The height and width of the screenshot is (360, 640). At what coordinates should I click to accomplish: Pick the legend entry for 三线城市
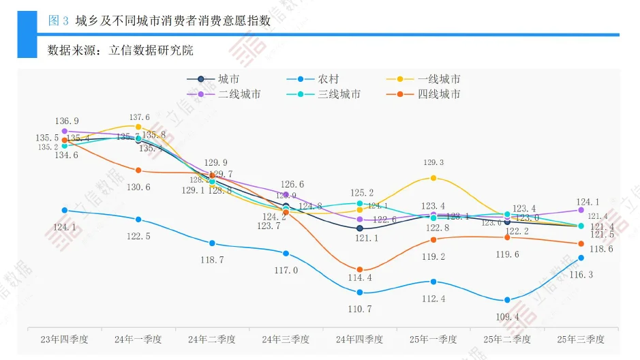pyautogui.click(x=339, y=94)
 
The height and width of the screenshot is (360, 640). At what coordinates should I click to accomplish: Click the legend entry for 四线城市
pyautogui.click(x=438, y=94)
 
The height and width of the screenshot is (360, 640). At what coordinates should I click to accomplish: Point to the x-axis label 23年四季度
pyautogui.click(x=65, y=339)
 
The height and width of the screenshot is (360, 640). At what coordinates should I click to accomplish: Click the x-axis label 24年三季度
pyautogui.click(x=286, y=339)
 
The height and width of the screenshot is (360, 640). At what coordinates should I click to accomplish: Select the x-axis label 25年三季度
pyautogui.click(x=581, y=339)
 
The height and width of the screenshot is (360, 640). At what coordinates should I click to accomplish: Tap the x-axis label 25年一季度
pyautogui.click(x=433, y=339)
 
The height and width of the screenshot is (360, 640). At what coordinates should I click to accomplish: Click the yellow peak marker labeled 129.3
pyautogui.click(x=433, y=178)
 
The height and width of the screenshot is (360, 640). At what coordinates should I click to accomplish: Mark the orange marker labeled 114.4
pyautogui.click(x=360, y=270)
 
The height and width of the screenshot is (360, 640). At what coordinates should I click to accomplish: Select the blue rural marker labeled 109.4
pyautogui.click(x=507, y=301)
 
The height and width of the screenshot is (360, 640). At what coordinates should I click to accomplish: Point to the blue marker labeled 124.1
pyautogui.click(x=65, y=211)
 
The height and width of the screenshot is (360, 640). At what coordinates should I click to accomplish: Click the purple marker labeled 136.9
pyautogui.click(x=65, y=131)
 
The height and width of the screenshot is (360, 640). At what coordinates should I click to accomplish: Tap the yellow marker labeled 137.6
pyautogui.click(x=138, y=127)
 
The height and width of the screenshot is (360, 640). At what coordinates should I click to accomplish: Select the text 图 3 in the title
pyautogui.click(x=59, y=21)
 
